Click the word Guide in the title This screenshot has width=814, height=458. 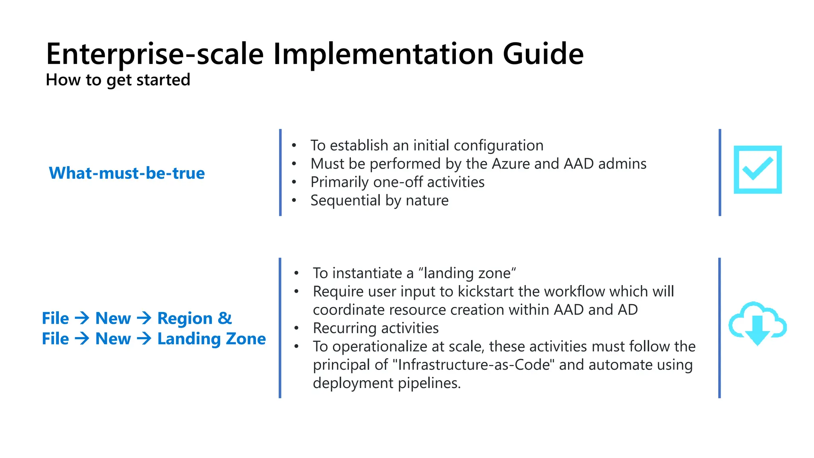click(543, 54)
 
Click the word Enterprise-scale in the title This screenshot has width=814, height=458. click(155, 54)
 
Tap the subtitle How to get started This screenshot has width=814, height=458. click(118, 80)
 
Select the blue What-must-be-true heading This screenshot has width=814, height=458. click(127, 173)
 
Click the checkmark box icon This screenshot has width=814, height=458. click(757, 170)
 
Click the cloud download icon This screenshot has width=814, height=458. click(757, 323)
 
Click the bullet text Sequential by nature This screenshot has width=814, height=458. click(379, 200)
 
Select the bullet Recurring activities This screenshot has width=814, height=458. click(376, 328)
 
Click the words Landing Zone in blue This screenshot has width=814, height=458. click(211, 339)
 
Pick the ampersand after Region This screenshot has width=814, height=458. click(225, 318)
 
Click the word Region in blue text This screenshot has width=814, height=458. click(185, 318)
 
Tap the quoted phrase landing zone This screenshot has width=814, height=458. click(467, 273)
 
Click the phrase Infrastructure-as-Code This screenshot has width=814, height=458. click(476, 365)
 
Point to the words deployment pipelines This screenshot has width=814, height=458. click(386, 383)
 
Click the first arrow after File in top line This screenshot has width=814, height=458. click(82, 318)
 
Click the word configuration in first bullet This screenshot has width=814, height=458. click(498, 146)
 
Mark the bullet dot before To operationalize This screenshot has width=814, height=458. click(296, 346)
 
